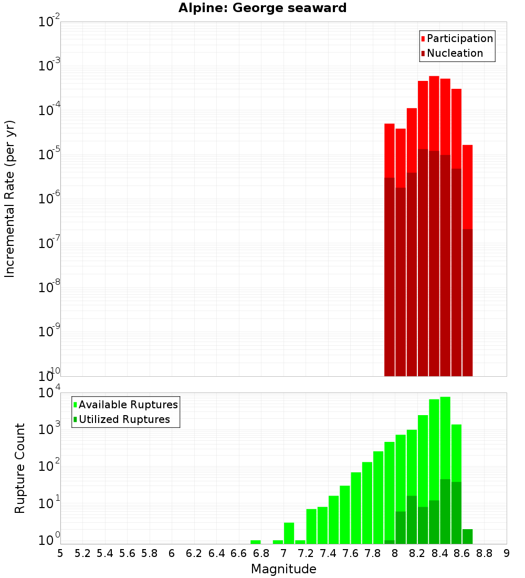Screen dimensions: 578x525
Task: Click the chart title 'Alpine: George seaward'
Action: click(262, 8)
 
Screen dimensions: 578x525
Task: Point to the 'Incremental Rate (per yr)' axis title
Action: click(10, 199)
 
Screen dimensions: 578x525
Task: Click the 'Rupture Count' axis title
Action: click(20, 468)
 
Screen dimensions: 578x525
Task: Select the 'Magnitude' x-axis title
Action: click(283, 569)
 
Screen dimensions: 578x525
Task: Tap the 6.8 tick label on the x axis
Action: click(261, 553)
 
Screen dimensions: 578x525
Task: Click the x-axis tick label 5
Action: click(60, 553)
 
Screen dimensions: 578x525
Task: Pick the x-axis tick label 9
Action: click(507, 553)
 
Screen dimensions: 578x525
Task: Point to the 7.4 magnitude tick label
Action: click(328, 553)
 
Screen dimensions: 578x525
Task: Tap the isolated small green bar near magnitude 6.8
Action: click(256, 542)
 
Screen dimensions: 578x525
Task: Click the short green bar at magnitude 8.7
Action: click(467, 536)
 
